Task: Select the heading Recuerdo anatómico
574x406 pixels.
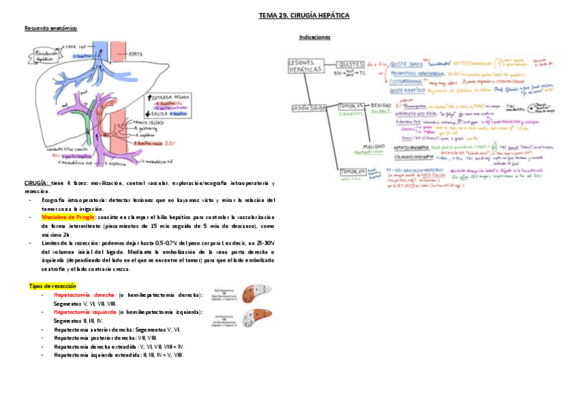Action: (x=51, y=28)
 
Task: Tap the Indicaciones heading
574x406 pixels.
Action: (x=315, y=37)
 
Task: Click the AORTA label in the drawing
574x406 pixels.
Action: (x=135, y=53)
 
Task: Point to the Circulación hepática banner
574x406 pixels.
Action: (x=42, y=56)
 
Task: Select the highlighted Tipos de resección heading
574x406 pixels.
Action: (x=53, y=286)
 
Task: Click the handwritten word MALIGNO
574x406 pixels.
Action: (x=374, y=146)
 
